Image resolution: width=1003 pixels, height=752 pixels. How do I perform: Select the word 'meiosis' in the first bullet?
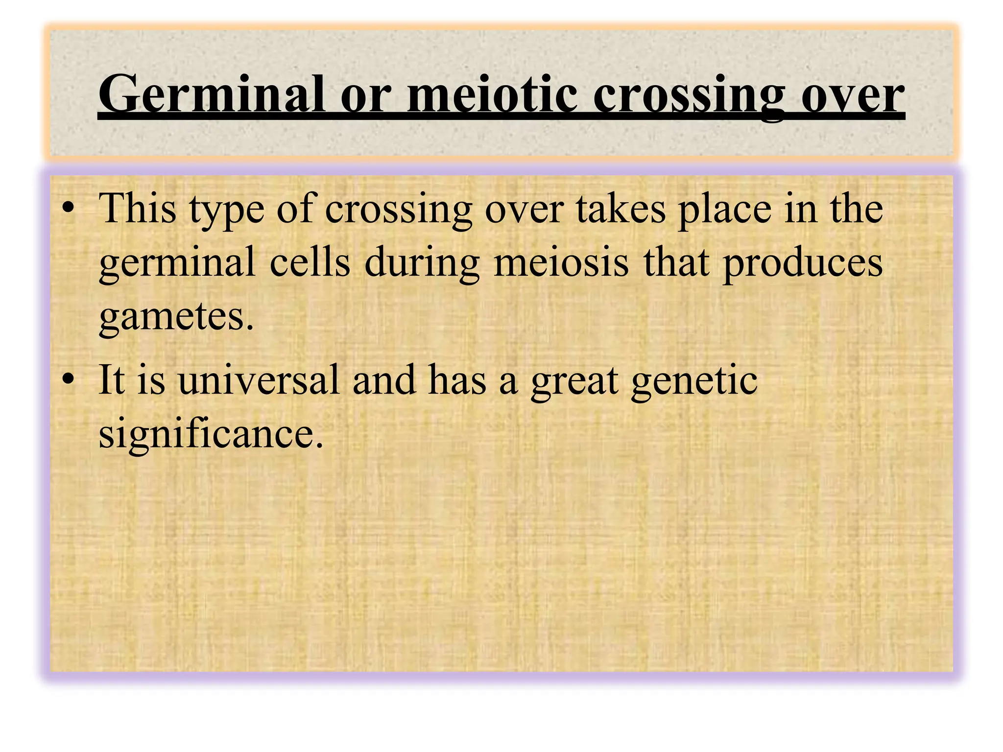coord(561,262)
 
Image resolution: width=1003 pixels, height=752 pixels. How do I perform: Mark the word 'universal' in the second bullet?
coord(259,380)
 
